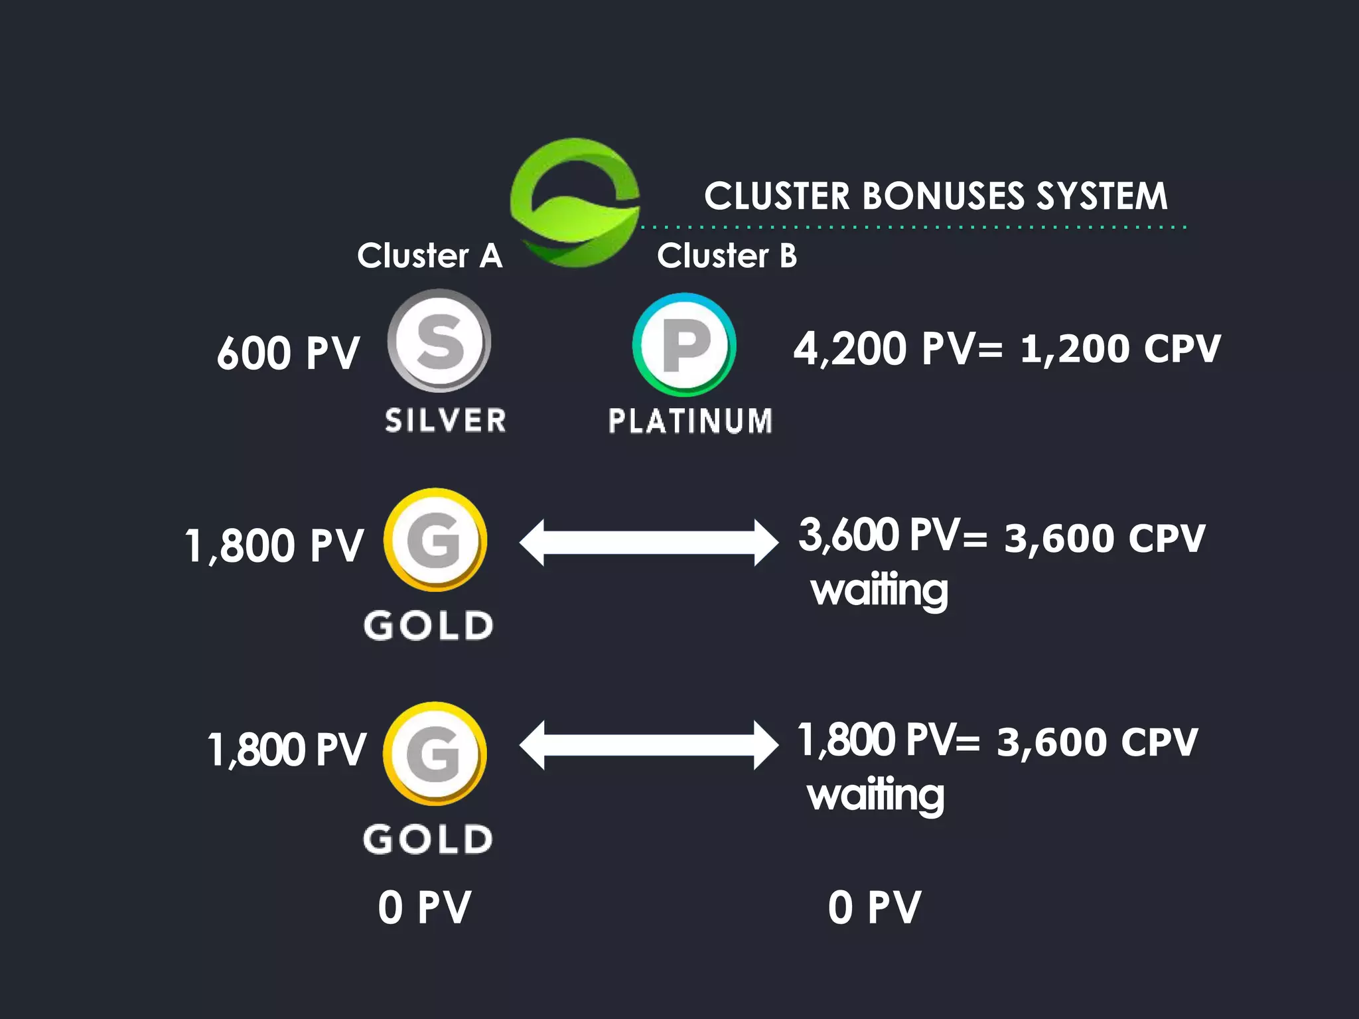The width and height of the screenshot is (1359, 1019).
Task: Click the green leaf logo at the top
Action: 575,202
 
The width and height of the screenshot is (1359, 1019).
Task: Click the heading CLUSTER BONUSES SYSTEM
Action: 936,196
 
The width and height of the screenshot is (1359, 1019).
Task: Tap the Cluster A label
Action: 430,255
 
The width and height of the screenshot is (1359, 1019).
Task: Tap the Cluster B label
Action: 727,255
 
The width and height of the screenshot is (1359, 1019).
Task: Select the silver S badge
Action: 439,341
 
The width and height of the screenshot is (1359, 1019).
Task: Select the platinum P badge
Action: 684,345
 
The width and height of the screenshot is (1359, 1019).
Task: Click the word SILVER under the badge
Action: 445,421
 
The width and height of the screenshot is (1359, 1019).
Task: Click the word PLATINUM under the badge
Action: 690,421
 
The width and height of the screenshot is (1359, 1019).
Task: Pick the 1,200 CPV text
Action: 1120,348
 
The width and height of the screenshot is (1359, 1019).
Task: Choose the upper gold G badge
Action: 435,540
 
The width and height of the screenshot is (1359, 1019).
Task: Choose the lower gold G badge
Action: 435,754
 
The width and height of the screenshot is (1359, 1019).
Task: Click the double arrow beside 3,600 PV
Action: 648,543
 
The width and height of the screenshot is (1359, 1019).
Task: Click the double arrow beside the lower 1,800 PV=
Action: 648,745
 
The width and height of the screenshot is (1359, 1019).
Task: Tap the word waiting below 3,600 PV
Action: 879,590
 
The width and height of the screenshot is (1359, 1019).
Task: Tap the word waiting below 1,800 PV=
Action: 876,795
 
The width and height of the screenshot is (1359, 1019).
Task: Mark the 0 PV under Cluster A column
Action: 425,908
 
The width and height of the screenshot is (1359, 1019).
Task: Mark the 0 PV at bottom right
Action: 874,908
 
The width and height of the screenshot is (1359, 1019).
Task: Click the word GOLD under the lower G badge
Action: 428,839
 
